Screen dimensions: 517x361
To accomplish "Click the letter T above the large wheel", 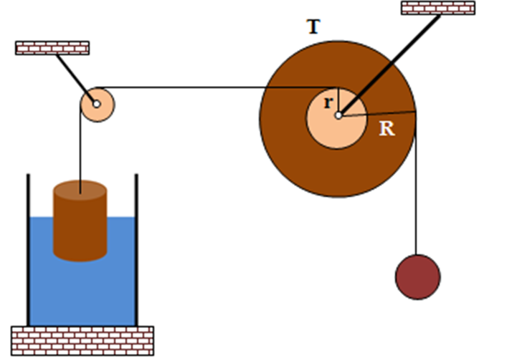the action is pyautogui.click(x=313, y=27).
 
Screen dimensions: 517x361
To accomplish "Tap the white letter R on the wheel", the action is pyautogui.click(x=387, y=128).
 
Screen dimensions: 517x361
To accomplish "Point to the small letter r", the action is pyautogui.click(x=328, y=102).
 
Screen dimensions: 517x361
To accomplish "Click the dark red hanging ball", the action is pyautogui.click(x=418, y=277).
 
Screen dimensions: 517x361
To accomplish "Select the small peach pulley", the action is pyautogui.click(x=98, y=105).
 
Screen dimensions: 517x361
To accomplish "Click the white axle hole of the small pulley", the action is pyautogui.click(x=96, y=104).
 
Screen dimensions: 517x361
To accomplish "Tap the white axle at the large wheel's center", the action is pyautogui.click(x=338, y=115).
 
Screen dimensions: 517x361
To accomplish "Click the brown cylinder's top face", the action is pyautogui.click(x=80, y=190).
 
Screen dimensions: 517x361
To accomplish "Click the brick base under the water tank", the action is pyautogui.click(x=82, y=341).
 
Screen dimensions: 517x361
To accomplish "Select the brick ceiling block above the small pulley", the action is pyautogui.click(x=52, y=48).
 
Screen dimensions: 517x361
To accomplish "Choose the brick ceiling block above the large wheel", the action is pyautogui.click(x=438, y=8).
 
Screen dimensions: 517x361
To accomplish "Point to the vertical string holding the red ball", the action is pyautogui.click(x=416, y=185).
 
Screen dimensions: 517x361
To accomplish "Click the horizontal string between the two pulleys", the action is pyautogui.click(x=217, y=87).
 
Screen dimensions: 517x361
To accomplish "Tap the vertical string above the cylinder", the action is pyautogui.click(x=80, y=148).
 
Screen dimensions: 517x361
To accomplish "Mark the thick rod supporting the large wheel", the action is pyautogui.click(x=389, y=65).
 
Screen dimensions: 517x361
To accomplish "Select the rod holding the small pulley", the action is pyautogui.click(x=76, y=79).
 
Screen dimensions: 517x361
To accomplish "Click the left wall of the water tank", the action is pyautogui.click(x=29, y=250).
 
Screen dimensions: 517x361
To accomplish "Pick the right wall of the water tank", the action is pyautogui.click(x=136, y=250).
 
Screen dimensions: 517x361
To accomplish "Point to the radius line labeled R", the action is pyautogui.click(x=377, y=114).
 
